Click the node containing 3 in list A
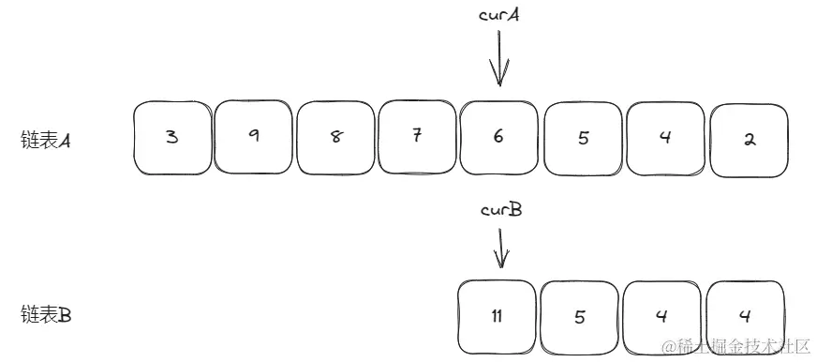pyautogui.click(x=172, y=138)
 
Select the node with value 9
pyautogui.click(x=254, y=138)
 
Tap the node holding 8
pyautogui.click(x=335, y=138)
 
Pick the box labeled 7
pyautogui.click(x=417, y=138)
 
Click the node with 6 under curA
pyautogui.click(x=498, y=138)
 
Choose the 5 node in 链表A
pyautogui.click(x=582, y=138)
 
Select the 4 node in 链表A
pyautogui.click(x=664, y=138)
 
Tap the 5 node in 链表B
pyautogui.click(x=579, y=317)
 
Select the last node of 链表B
pyautogui.click(x=746, y=317)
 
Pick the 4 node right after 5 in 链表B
pyautogui.click(x=662, y=317)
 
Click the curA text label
pyautogui.click(x=499, y=16)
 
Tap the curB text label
pyautogui.click(x=500, y=210)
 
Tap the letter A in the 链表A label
pyautogui.click(x=66, y=141)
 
